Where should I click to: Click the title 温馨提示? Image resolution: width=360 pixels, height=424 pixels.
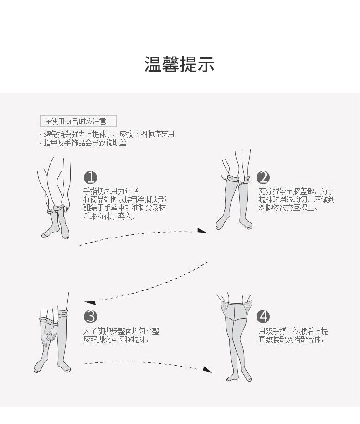tap(180, 64)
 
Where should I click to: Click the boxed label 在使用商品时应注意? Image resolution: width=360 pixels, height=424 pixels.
tap(78, 121)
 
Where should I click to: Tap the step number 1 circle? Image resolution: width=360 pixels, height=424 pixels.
tap(91, 177)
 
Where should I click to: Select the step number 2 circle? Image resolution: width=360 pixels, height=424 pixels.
tap(263, 177)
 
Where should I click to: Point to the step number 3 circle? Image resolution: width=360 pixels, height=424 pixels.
tap(91, 316)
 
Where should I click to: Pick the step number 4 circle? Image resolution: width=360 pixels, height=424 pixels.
tap(263, 316)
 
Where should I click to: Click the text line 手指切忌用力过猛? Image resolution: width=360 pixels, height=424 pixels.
tap(111, 191)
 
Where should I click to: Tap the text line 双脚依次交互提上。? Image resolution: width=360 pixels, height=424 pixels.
tap(288, 207)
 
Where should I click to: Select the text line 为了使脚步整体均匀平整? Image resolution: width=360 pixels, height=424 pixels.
tap(121, 331)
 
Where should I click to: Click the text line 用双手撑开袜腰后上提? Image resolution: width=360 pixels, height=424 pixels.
tap(293, 331)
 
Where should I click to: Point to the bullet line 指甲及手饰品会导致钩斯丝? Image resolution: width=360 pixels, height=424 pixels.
tap(84, 143)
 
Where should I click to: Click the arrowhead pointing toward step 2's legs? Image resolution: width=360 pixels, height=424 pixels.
tap(202, 231)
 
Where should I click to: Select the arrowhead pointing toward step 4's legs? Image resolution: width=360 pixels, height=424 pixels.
tap(207, 370)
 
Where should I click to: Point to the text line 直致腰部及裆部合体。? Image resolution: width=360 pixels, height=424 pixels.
tap(292, 340)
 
